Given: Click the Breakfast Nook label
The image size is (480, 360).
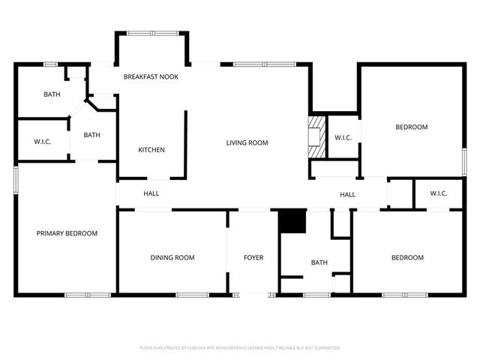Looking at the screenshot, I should tap(151, 76).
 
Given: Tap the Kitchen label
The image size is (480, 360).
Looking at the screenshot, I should tap(151, 150).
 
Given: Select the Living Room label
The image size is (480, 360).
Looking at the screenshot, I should tap(247, 142).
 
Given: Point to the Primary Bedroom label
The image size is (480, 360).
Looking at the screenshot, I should tap(67, 233).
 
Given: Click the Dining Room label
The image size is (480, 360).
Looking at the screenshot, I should tap(172, 258).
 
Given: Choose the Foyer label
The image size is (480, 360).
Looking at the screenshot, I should tap(253, 258).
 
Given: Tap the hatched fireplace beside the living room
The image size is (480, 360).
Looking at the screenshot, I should tap(317, 136).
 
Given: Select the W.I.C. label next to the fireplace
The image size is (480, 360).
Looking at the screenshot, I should tap(343, 137).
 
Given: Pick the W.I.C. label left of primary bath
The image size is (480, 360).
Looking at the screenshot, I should tap(42, 142).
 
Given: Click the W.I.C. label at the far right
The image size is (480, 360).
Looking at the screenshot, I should tap(439, 193).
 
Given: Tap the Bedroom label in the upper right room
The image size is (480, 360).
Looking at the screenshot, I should tap(412, 127).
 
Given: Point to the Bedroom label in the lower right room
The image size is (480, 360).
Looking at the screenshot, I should tap(407, 258).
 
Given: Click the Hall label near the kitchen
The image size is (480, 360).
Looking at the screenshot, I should tap(151, 193).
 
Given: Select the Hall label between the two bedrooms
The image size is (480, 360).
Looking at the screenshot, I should tap(347, 195).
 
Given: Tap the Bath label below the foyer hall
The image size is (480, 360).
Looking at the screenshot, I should tap(319, 262).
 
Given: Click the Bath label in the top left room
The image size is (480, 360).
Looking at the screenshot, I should tap(52, 94).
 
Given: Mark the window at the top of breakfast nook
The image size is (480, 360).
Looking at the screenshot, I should tap(152, 32).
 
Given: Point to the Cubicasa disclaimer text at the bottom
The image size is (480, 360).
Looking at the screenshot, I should tap(240, 348).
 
